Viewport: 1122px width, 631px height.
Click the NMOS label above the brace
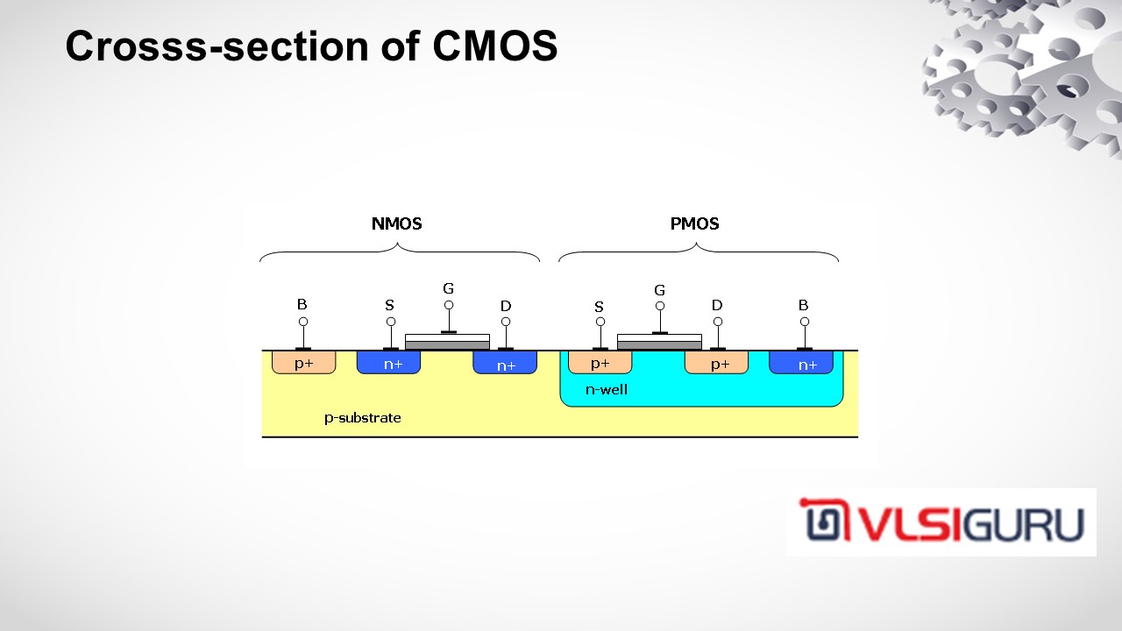[396, 223]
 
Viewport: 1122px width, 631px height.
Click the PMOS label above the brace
[694, 223]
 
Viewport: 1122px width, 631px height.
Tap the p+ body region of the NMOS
[303, 363]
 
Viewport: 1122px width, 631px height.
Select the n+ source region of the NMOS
[388, 363]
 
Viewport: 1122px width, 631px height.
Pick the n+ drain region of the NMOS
[505, 364]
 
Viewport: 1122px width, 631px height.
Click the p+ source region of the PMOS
[600, 363]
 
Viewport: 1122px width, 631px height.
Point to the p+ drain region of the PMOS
[717, 363]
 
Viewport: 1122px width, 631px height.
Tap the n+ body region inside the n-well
[801, 363]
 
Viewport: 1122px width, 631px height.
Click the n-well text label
[607, 389]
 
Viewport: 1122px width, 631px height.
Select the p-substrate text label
[363, 418]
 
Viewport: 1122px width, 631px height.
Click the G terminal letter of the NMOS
[448, 288]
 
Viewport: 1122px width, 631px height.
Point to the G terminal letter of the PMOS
[659, 290]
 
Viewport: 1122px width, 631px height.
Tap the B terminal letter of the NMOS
[302, 305]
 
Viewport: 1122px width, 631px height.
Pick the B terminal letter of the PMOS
[803, 305]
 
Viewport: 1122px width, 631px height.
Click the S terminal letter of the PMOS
[600, 307]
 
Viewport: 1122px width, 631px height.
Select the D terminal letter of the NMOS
[506, 306]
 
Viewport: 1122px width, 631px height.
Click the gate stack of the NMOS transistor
[447, 342]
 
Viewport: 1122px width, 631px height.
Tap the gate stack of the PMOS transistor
[659, 342]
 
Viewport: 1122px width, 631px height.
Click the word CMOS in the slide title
[495, 46]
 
